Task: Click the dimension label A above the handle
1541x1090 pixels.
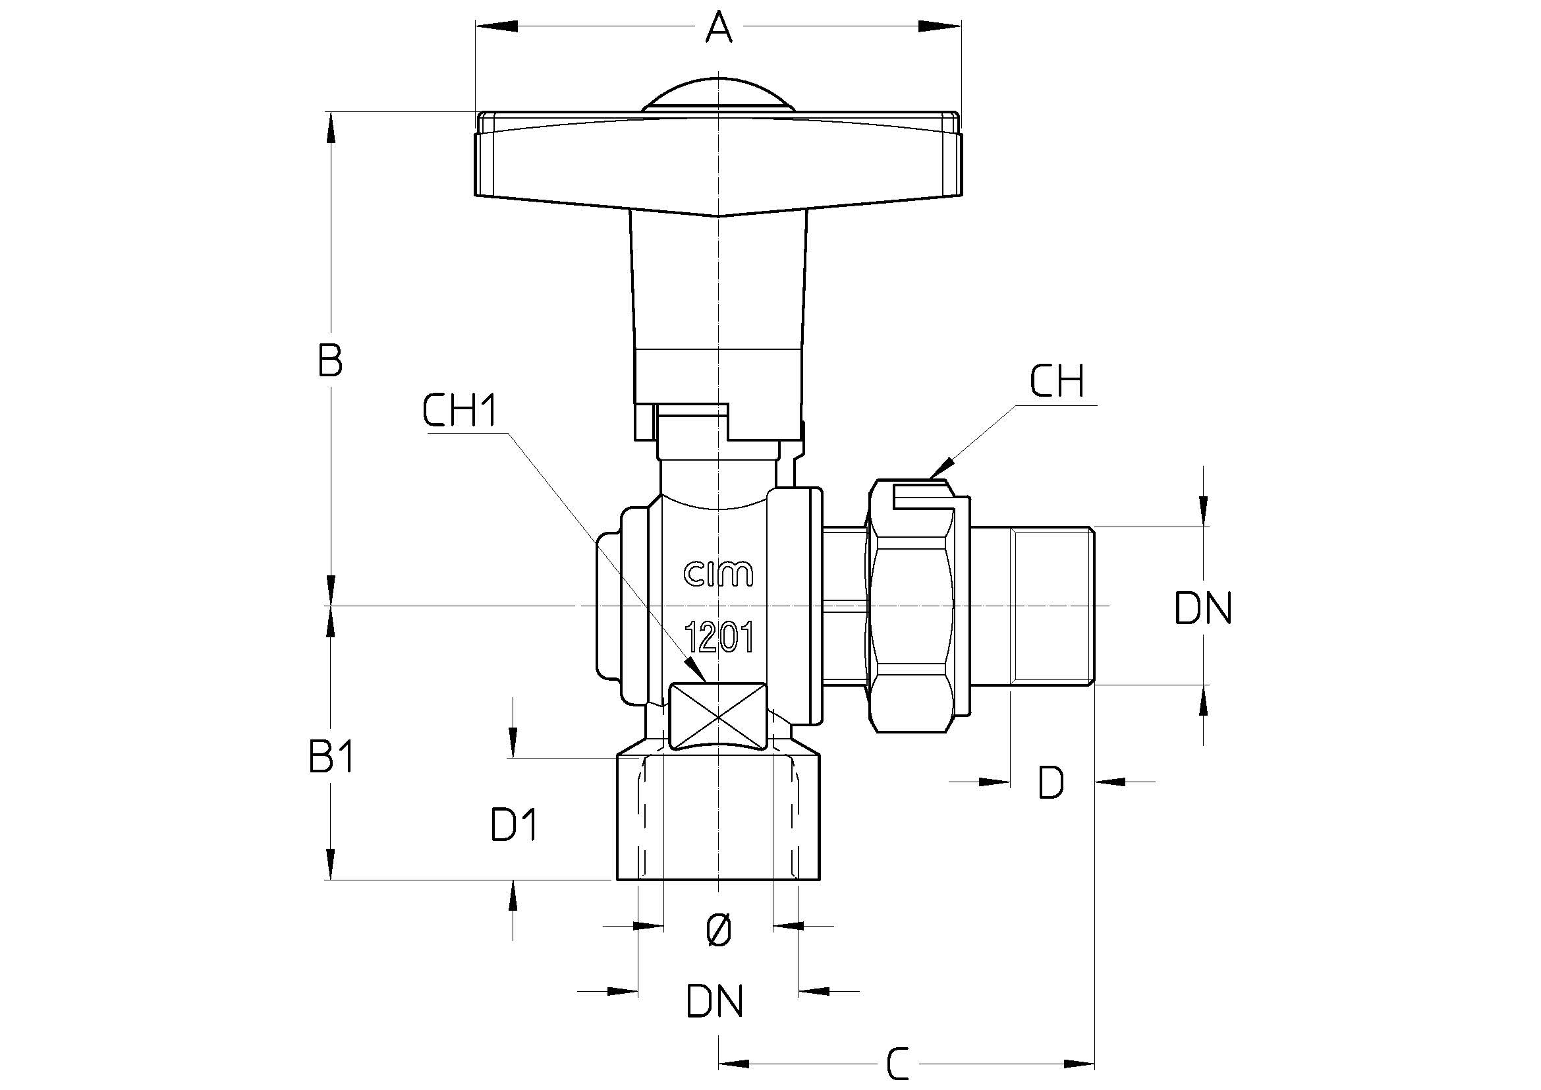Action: (x=718, y=28)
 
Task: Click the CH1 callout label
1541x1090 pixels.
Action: (x=460, y=411)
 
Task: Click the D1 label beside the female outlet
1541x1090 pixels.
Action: (x=513, y=826)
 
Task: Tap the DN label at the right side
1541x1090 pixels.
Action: (x=1204, y=610)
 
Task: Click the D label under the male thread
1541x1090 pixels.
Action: (x=1051, y=783)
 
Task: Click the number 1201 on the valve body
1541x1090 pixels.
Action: (x=718, y=637)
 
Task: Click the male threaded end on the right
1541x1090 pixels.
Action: (x=1052, y=606)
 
